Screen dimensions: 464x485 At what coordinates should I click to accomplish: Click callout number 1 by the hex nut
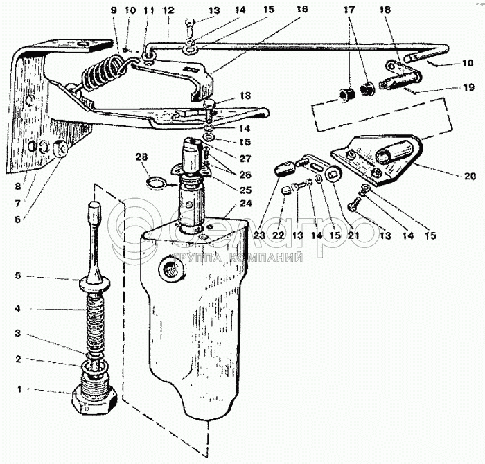19,389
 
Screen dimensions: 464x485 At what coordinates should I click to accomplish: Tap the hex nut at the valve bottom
94,400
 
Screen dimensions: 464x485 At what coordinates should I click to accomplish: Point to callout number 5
19,276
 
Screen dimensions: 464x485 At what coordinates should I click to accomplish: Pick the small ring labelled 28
158,184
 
